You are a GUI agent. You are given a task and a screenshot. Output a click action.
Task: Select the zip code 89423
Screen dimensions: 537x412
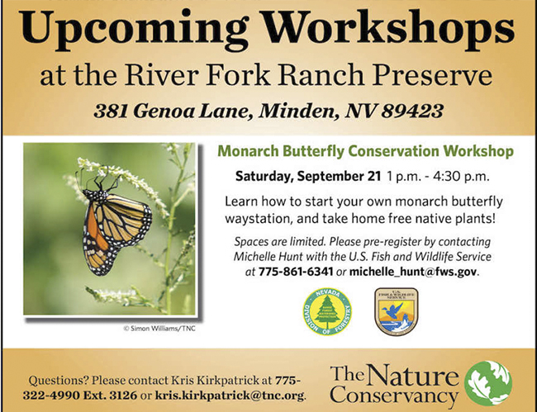click(x=412, y=111)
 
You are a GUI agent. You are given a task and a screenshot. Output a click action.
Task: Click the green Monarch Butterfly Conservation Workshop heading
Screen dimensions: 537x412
click(x=366, y=151)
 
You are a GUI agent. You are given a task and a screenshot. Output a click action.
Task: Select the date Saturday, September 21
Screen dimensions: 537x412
click(x=308, y=177)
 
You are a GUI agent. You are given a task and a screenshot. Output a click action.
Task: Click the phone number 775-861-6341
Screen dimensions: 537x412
click(x=296, y=272)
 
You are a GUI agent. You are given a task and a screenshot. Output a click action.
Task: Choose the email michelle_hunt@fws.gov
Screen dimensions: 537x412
click(x=413, y=272)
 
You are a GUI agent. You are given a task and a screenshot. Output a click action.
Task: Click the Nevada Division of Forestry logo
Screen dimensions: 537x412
click(x=327, y=311)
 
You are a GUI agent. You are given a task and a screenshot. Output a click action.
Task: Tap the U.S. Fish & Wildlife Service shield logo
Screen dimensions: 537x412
click(x=397, y=310)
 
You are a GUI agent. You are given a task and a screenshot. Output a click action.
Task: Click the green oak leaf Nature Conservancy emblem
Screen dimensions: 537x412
click(x=488, y=383)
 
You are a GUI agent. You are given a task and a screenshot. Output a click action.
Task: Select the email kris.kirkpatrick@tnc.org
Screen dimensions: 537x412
click(x=230, y=395)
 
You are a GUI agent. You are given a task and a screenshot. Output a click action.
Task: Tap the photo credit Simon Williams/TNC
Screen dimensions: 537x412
click(x=159, y=329)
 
